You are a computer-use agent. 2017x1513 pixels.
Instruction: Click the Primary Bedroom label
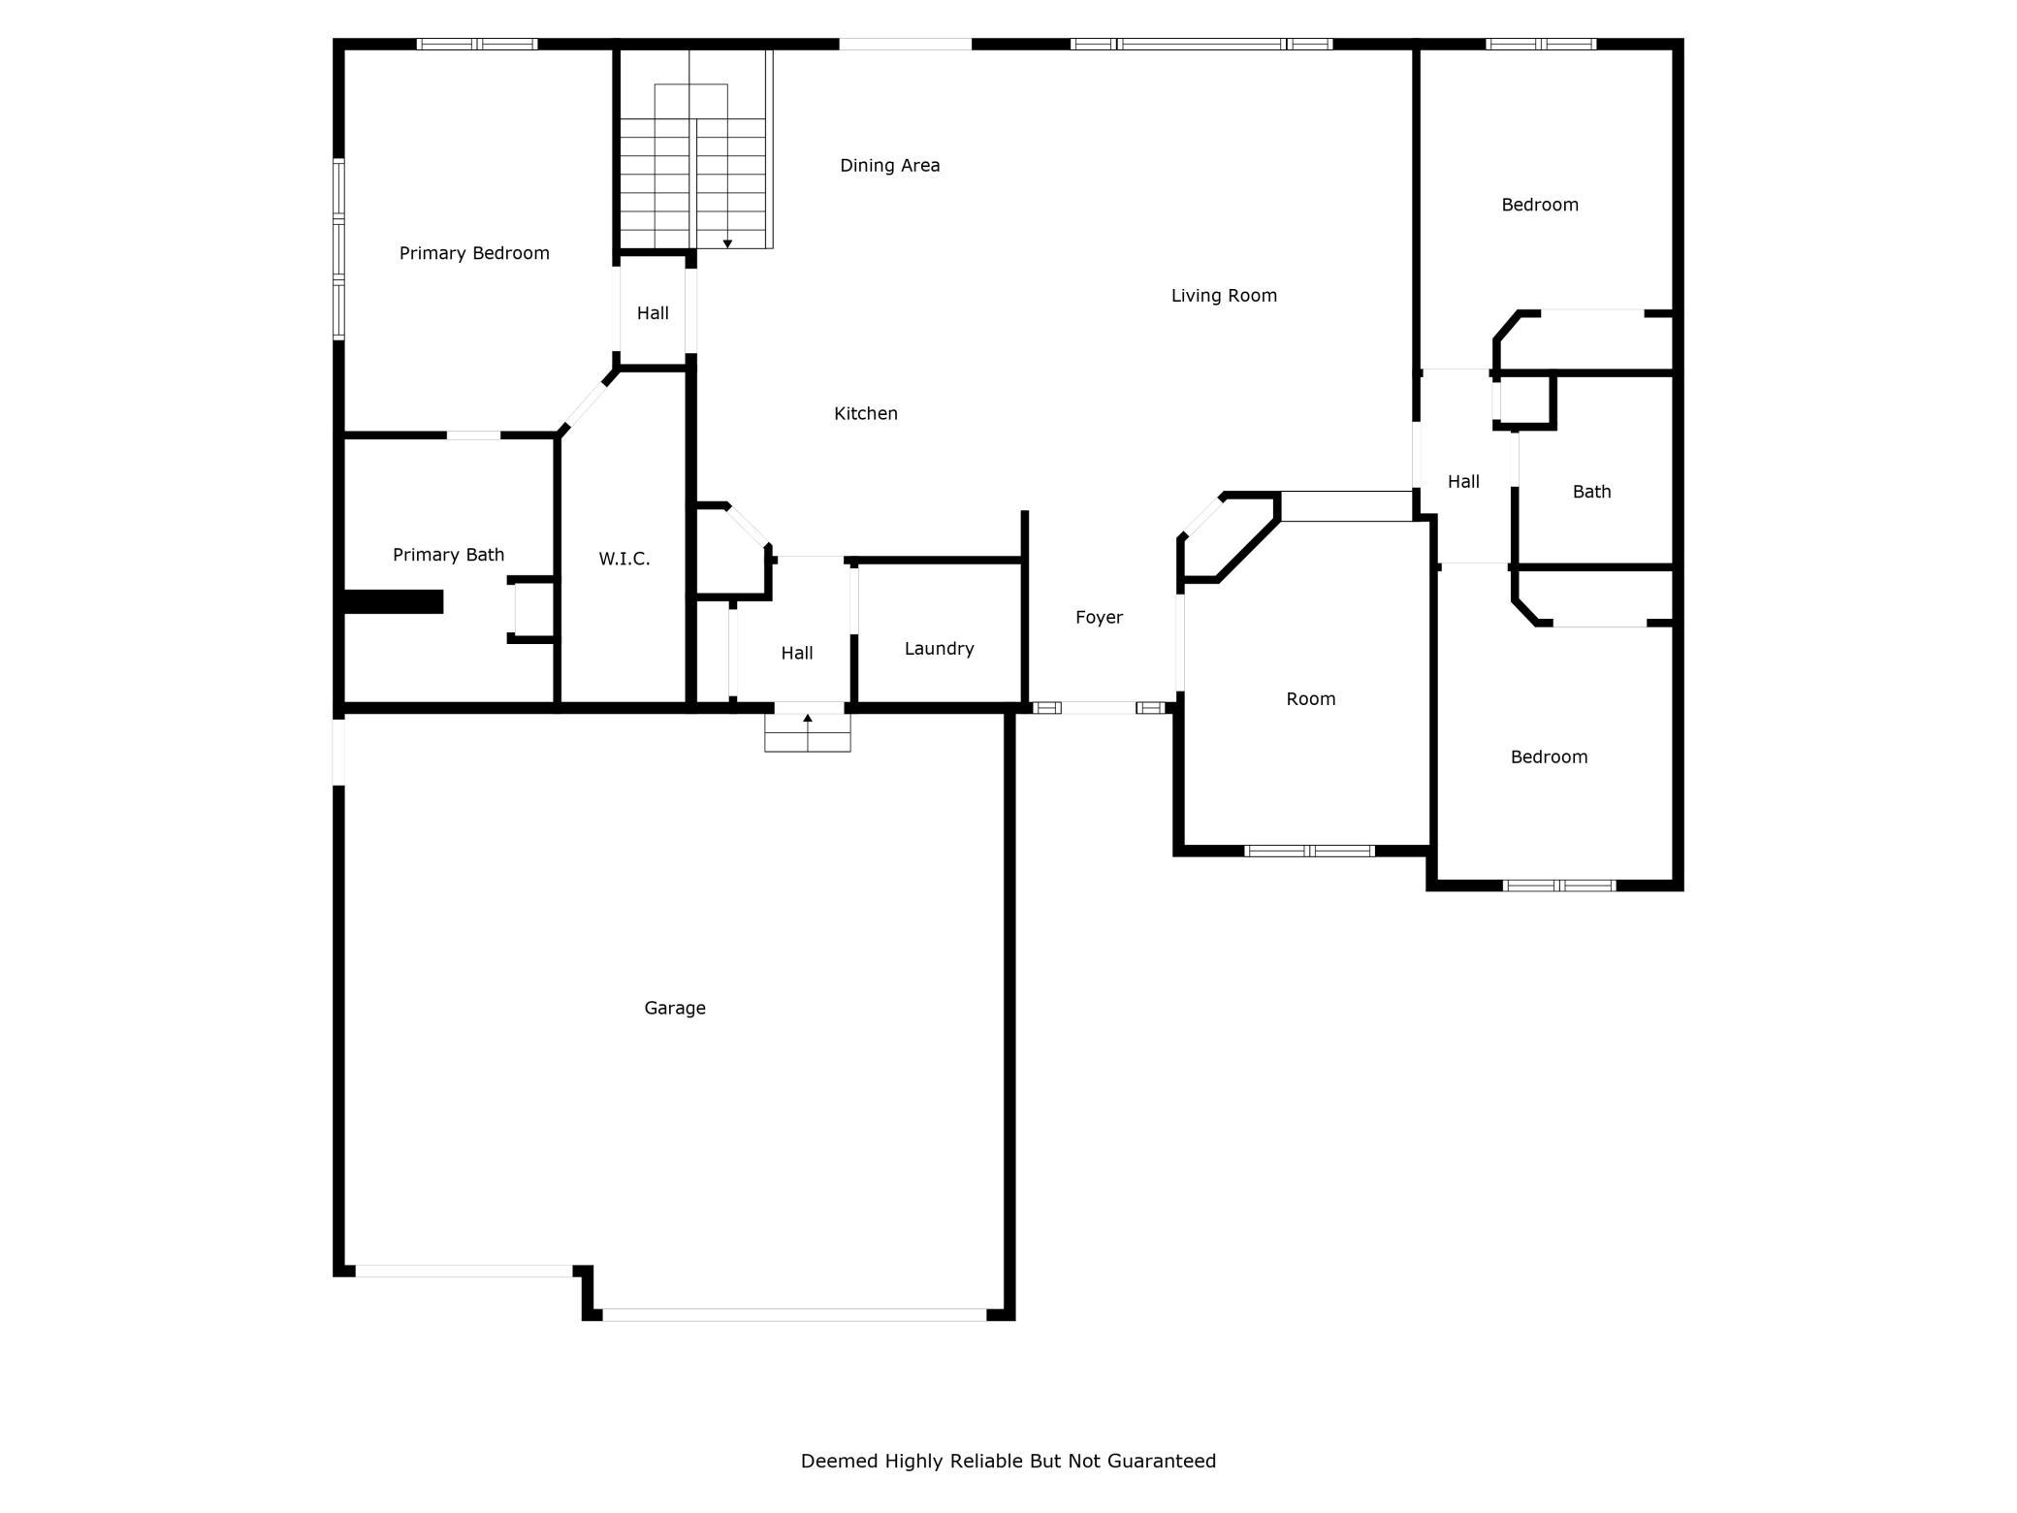474,253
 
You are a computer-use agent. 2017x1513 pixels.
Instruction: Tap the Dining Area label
889,166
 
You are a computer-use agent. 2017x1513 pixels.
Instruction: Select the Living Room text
1224,296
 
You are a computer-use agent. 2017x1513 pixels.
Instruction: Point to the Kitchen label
866,414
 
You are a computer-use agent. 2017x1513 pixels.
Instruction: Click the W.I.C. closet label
624,559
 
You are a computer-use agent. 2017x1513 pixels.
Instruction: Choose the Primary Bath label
448,555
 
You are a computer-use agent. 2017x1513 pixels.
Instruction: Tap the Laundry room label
939,649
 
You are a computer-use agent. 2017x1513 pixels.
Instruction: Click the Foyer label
1099,618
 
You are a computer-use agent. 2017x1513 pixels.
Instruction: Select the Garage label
675,1009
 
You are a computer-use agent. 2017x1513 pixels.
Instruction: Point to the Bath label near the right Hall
1591,492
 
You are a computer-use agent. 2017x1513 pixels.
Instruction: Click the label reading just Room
1311,699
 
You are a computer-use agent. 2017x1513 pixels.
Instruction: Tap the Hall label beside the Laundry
797,654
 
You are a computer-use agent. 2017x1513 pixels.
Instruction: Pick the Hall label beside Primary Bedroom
653,313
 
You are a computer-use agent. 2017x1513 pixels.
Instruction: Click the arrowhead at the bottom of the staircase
727,243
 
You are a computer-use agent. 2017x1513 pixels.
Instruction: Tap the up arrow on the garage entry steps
808,719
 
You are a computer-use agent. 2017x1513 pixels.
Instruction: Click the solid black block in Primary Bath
394,601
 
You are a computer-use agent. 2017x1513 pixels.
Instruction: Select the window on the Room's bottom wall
1310,852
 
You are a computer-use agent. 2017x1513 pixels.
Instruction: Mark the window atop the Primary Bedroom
477,44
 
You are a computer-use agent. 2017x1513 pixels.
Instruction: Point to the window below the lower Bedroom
1559,885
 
